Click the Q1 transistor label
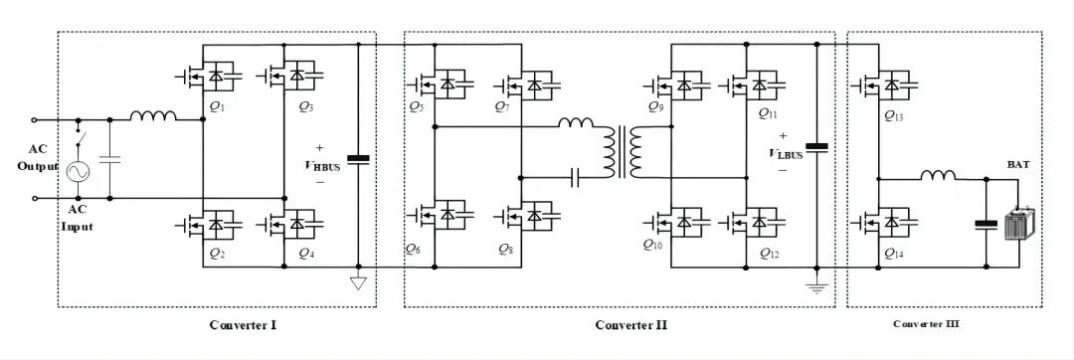(217, 108)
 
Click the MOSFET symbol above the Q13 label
(883, 86)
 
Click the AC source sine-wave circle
(79, 171)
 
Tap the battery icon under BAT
(1018, 225)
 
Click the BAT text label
(1017, 165)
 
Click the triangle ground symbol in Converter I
(358, 280)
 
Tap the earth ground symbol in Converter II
(816, 286)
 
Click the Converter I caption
(243, 324)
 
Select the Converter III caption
(926, 323)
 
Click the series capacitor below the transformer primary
(577, 179)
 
